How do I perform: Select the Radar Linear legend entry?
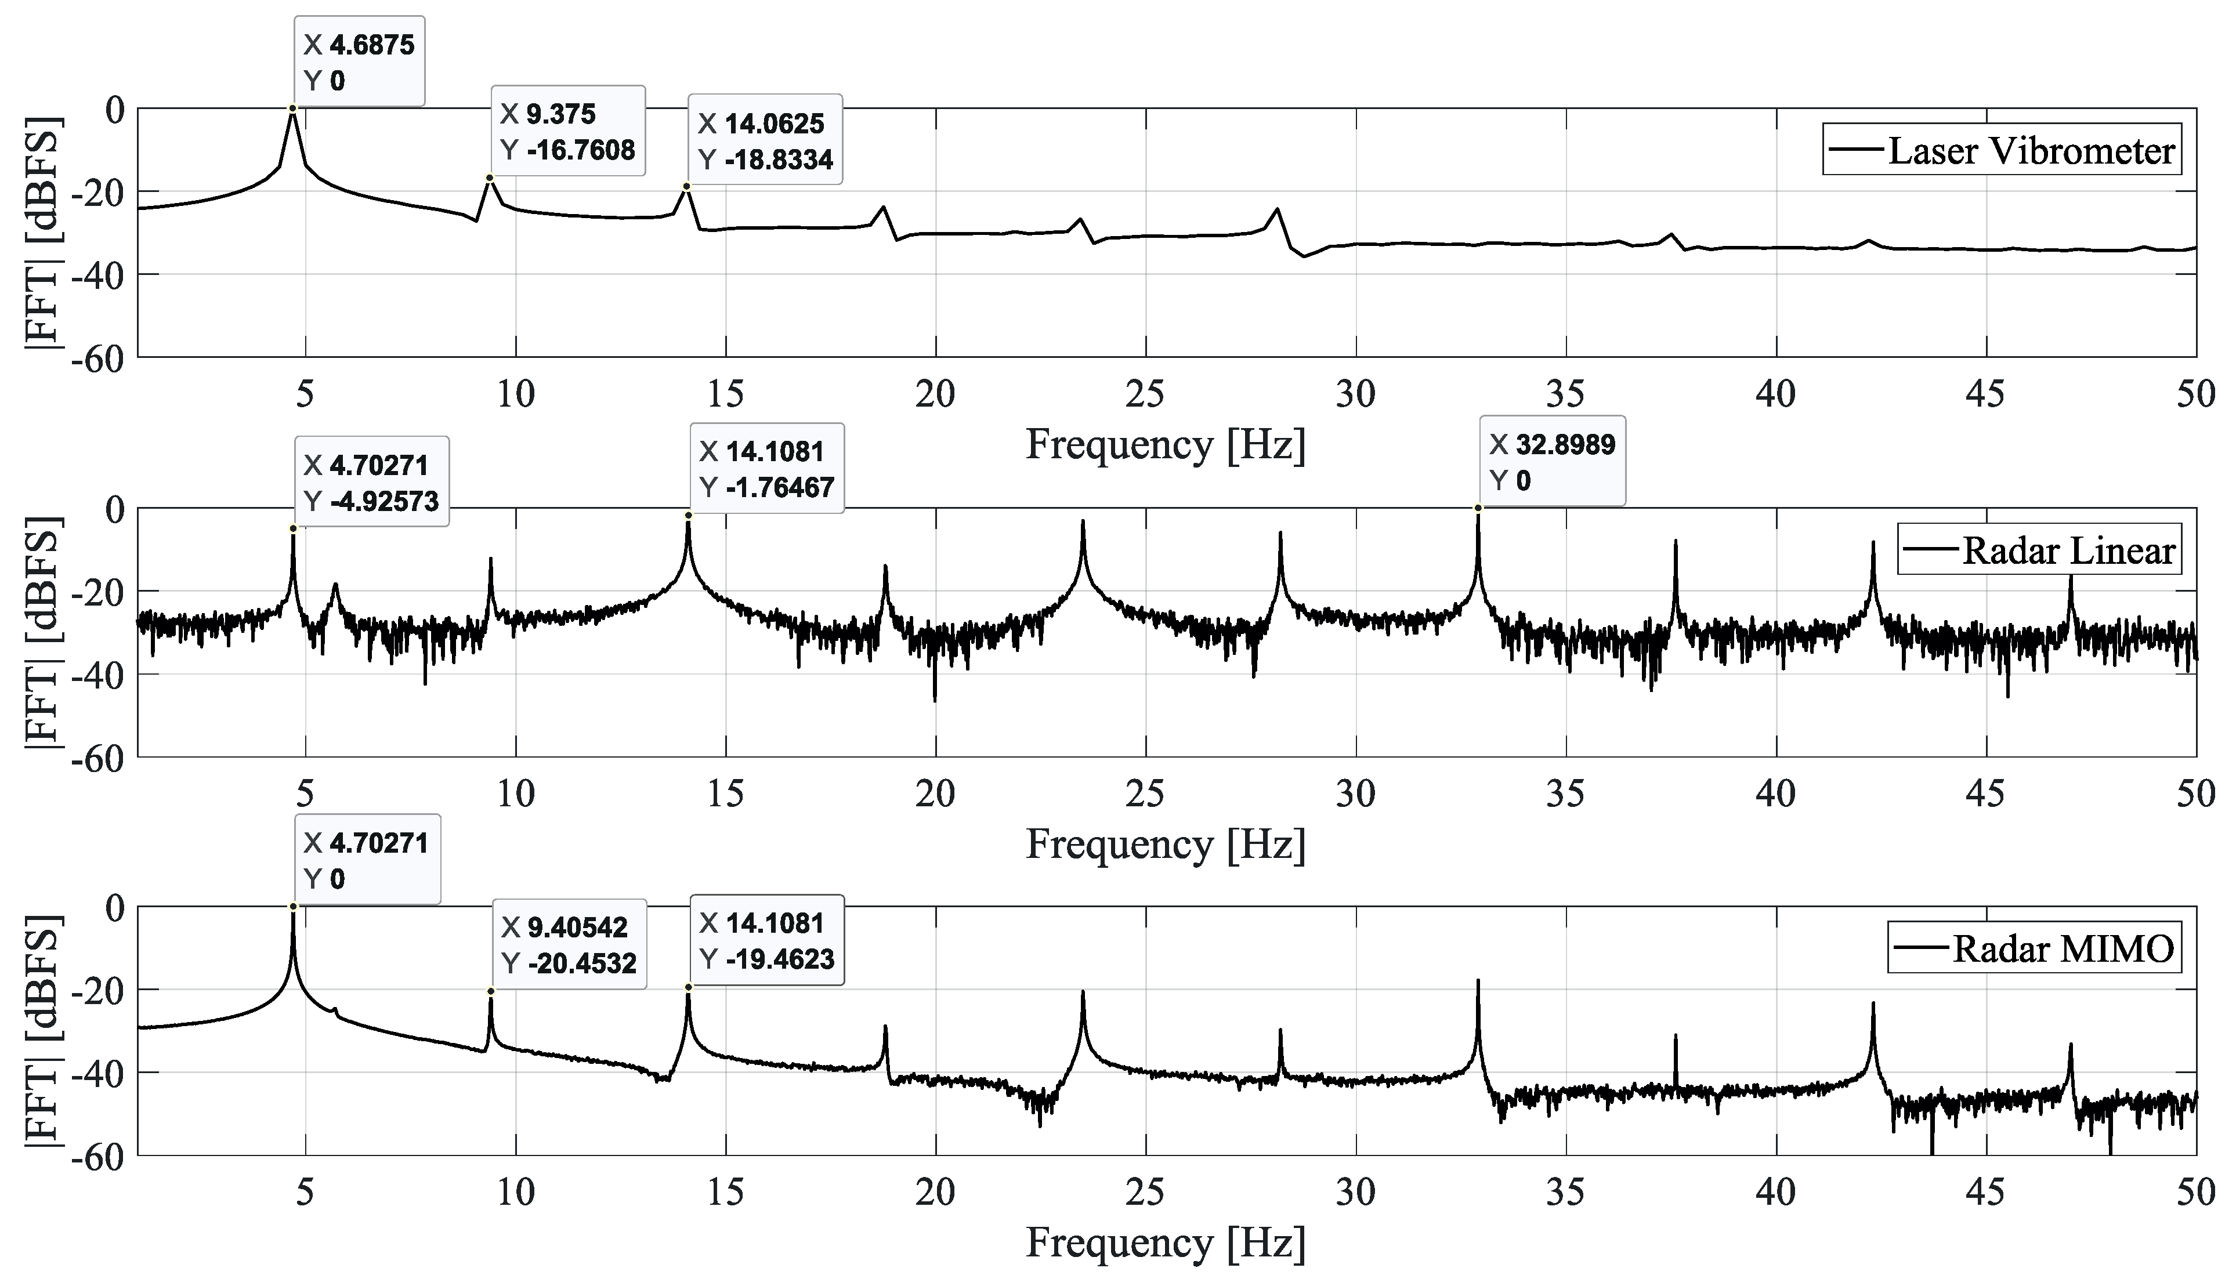2038,550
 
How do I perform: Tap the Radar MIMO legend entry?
2033,948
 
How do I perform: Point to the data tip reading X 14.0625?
765,140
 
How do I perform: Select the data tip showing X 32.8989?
1552,462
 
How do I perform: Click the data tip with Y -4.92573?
371,482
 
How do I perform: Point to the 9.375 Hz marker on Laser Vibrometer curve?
490,177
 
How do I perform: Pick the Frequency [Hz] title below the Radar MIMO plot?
1165,1244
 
